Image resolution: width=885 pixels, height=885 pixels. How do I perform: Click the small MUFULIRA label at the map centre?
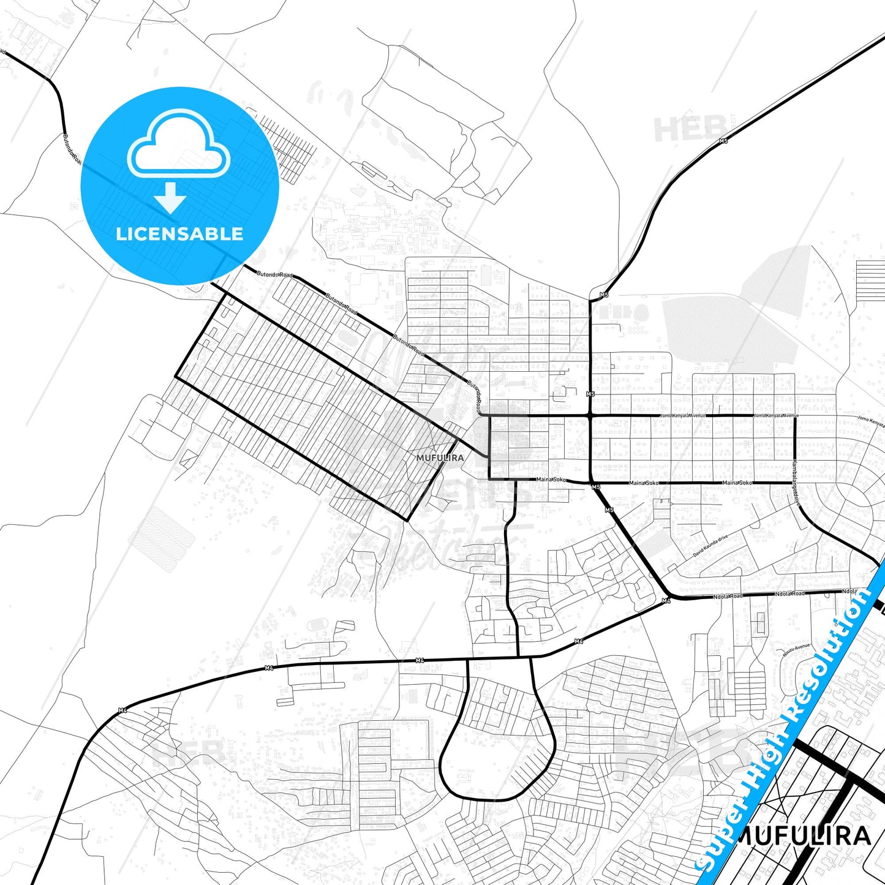(x=440, y=458)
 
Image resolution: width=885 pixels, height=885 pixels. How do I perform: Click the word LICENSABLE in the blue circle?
(x=179, y=233)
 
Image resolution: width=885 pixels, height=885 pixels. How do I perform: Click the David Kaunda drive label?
(x=710, y=546)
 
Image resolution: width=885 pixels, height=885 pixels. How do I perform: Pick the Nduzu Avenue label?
(x=796, y=650)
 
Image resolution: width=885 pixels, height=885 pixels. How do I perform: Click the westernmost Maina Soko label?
(x=551, y=480)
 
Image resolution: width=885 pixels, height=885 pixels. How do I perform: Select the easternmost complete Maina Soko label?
(x=737, y=483)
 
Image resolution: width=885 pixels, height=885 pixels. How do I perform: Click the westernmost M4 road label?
(x=122, y=710)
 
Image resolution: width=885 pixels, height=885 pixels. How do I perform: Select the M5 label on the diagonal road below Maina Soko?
(x=609, y=510)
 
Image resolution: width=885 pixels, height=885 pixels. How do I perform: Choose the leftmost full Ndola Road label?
(x=728, y=596)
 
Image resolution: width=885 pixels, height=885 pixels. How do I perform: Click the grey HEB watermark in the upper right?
(x=689, y=129)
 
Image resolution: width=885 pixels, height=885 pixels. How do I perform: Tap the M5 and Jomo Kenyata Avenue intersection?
(x=590, y=416)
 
